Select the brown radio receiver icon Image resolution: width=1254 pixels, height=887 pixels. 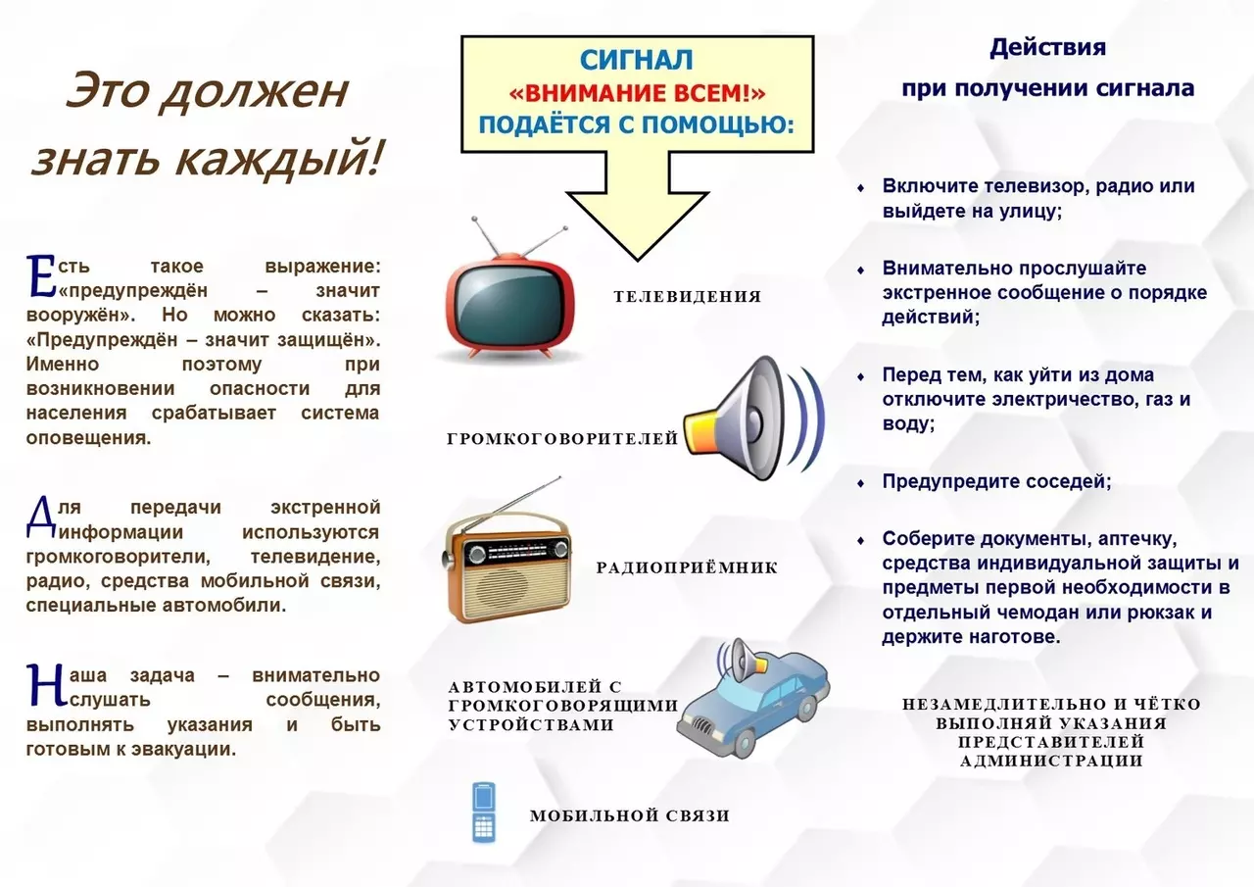507,567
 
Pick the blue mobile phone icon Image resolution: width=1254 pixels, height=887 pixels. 483,813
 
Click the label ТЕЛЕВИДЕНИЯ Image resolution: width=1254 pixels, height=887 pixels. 687,296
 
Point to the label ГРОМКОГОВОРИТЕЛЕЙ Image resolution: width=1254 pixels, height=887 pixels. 562,439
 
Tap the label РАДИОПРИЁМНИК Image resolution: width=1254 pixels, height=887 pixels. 686,567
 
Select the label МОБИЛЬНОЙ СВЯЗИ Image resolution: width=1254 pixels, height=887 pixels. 629,815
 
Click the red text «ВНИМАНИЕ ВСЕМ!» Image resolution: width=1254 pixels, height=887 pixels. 637,93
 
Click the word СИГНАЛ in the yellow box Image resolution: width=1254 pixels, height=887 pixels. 637,61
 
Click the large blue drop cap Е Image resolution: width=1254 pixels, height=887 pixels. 40,275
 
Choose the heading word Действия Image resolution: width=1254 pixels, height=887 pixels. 1047,47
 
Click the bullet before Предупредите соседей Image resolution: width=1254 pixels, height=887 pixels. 860,482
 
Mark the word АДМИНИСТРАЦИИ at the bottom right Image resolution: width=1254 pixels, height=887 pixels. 1050,761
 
